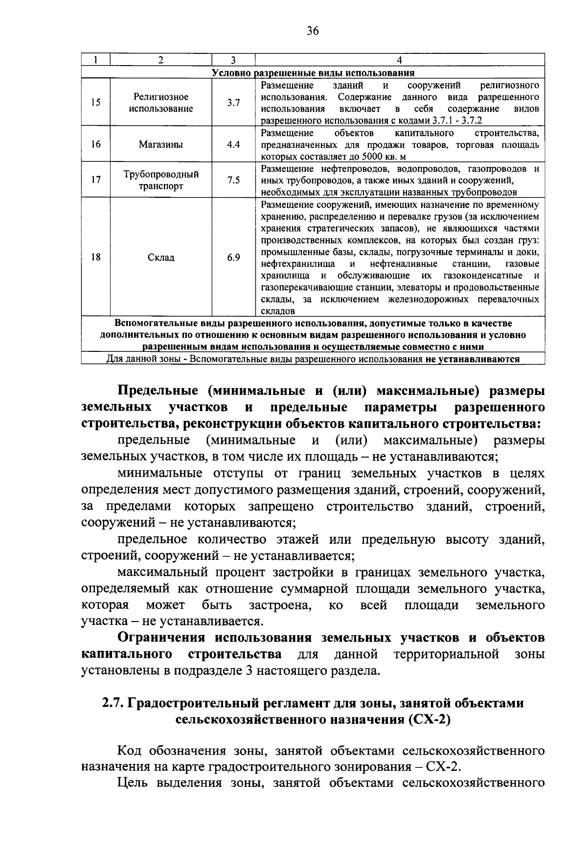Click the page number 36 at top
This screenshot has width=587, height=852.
[x=313, y=31]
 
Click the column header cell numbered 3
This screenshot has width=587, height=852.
[x=233, y=60]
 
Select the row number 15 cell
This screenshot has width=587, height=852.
[x=96, y=103]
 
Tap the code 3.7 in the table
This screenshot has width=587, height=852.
[x=233, y=103]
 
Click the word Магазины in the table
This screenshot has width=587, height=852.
[x=161, y=145]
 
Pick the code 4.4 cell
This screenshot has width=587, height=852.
[x=233, y=145]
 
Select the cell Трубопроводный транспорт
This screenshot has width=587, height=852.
[x=161, y=180]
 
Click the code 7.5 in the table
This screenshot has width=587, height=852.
[x=233, y=180]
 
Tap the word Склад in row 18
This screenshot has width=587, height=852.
[x=161, y=257]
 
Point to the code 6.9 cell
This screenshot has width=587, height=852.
[x=233, y=257]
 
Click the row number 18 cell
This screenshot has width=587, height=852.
[x=96, y=257]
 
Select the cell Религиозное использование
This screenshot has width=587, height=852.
[x=161, y=103]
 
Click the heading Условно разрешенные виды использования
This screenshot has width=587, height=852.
[x=313, y=73]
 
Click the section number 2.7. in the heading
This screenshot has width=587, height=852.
[x=113, y=703]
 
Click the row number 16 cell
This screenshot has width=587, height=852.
[x=96, y=145]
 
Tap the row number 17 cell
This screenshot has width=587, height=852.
[x=96, y=180]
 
